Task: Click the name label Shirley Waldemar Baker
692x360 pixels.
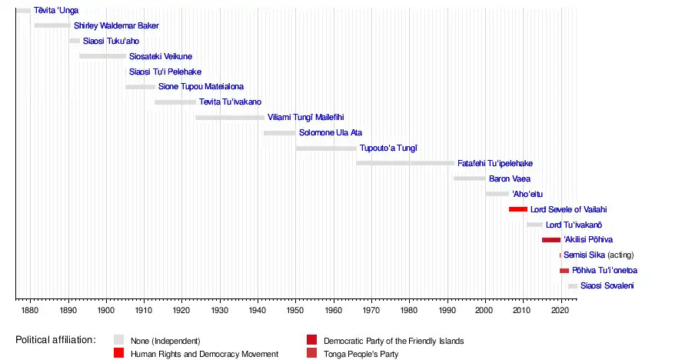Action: [x=116, y=25]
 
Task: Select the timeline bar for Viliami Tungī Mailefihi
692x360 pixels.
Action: [x=230, y=118]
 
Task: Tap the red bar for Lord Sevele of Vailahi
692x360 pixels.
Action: [x=518, y=209]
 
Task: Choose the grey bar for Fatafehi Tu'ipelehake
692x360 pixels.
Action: [x=405, y=163]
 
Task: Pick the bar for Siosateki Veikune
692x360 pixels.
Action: [x=102, y=56]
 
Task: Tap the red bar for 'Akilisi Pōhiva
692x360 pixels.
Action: [x=551, y=240]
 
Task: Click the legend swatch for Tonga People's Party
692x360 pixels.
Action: [x=311, y=353]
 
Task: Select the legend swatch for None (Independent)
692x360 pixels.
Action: [x=118, y=340]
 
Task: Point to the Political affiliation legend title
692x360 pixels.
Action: [x=55, y=340]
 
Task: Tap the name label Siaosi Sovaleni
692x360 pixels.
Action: [x=607, y=286]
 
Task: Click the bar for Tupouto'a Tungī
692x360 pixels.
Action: [x=326, y=148]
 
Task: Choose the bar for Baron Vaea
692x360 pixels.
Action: [x=470, y=178]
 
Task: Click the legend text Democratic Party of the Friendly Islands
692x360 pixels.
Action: [x=394, y=340]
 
